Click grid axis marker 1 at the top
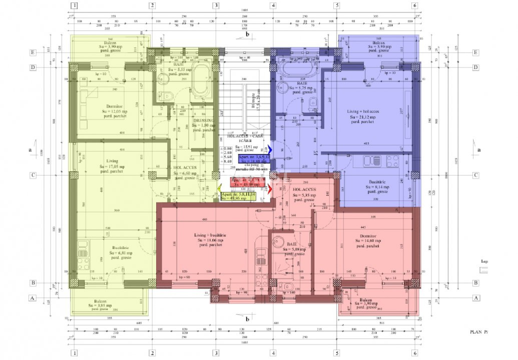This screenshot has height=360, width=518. click(74, 6)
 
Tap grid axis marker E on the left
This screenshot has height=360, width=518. click(33, 52)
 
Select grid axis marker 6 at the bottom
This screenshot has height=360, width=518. click(415, 353)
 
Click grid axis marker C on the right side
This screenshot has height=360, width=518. click(476, 175)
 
